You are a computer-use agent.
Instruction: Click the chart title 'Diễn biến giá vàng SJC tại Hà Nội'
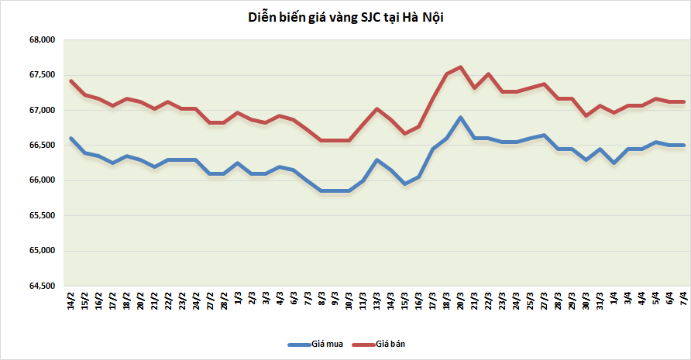[345, 18]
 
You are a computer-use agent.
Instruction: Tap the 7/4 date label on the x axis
[683, 300]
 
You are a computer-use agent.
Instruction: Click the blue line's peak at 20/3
[461, 118]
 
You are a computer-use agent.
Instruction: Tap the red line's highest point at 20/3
[461, 67]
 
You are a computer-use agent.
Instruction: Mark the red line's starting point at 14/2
[70, 81]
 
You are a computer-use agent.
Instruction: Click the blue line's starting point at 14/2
[70, 139]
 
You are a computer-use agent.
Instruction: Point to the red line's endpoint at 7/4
[683, 101]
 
